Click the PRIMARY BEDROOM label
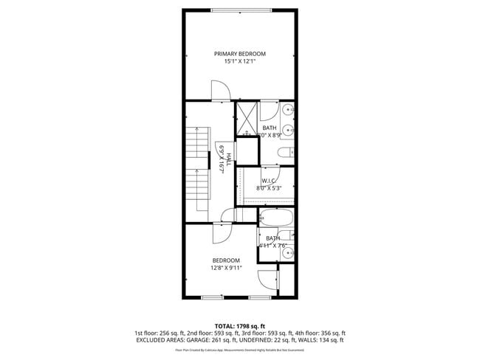tap(240, 54)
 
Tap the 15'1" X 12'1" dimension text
tap(240, 62)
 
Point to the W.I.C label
tap(269, 181)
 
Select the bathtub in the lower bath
tap(277, 218)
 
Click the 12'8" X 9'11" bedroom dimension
tap(226, 268)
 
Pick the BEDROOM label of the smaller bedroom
tap(226, 260)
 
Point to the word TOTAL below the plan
tap(224, 325)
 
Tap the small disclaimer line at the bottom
tap(240, 352)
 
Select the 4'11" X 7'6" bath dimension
tap(273, 246)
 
